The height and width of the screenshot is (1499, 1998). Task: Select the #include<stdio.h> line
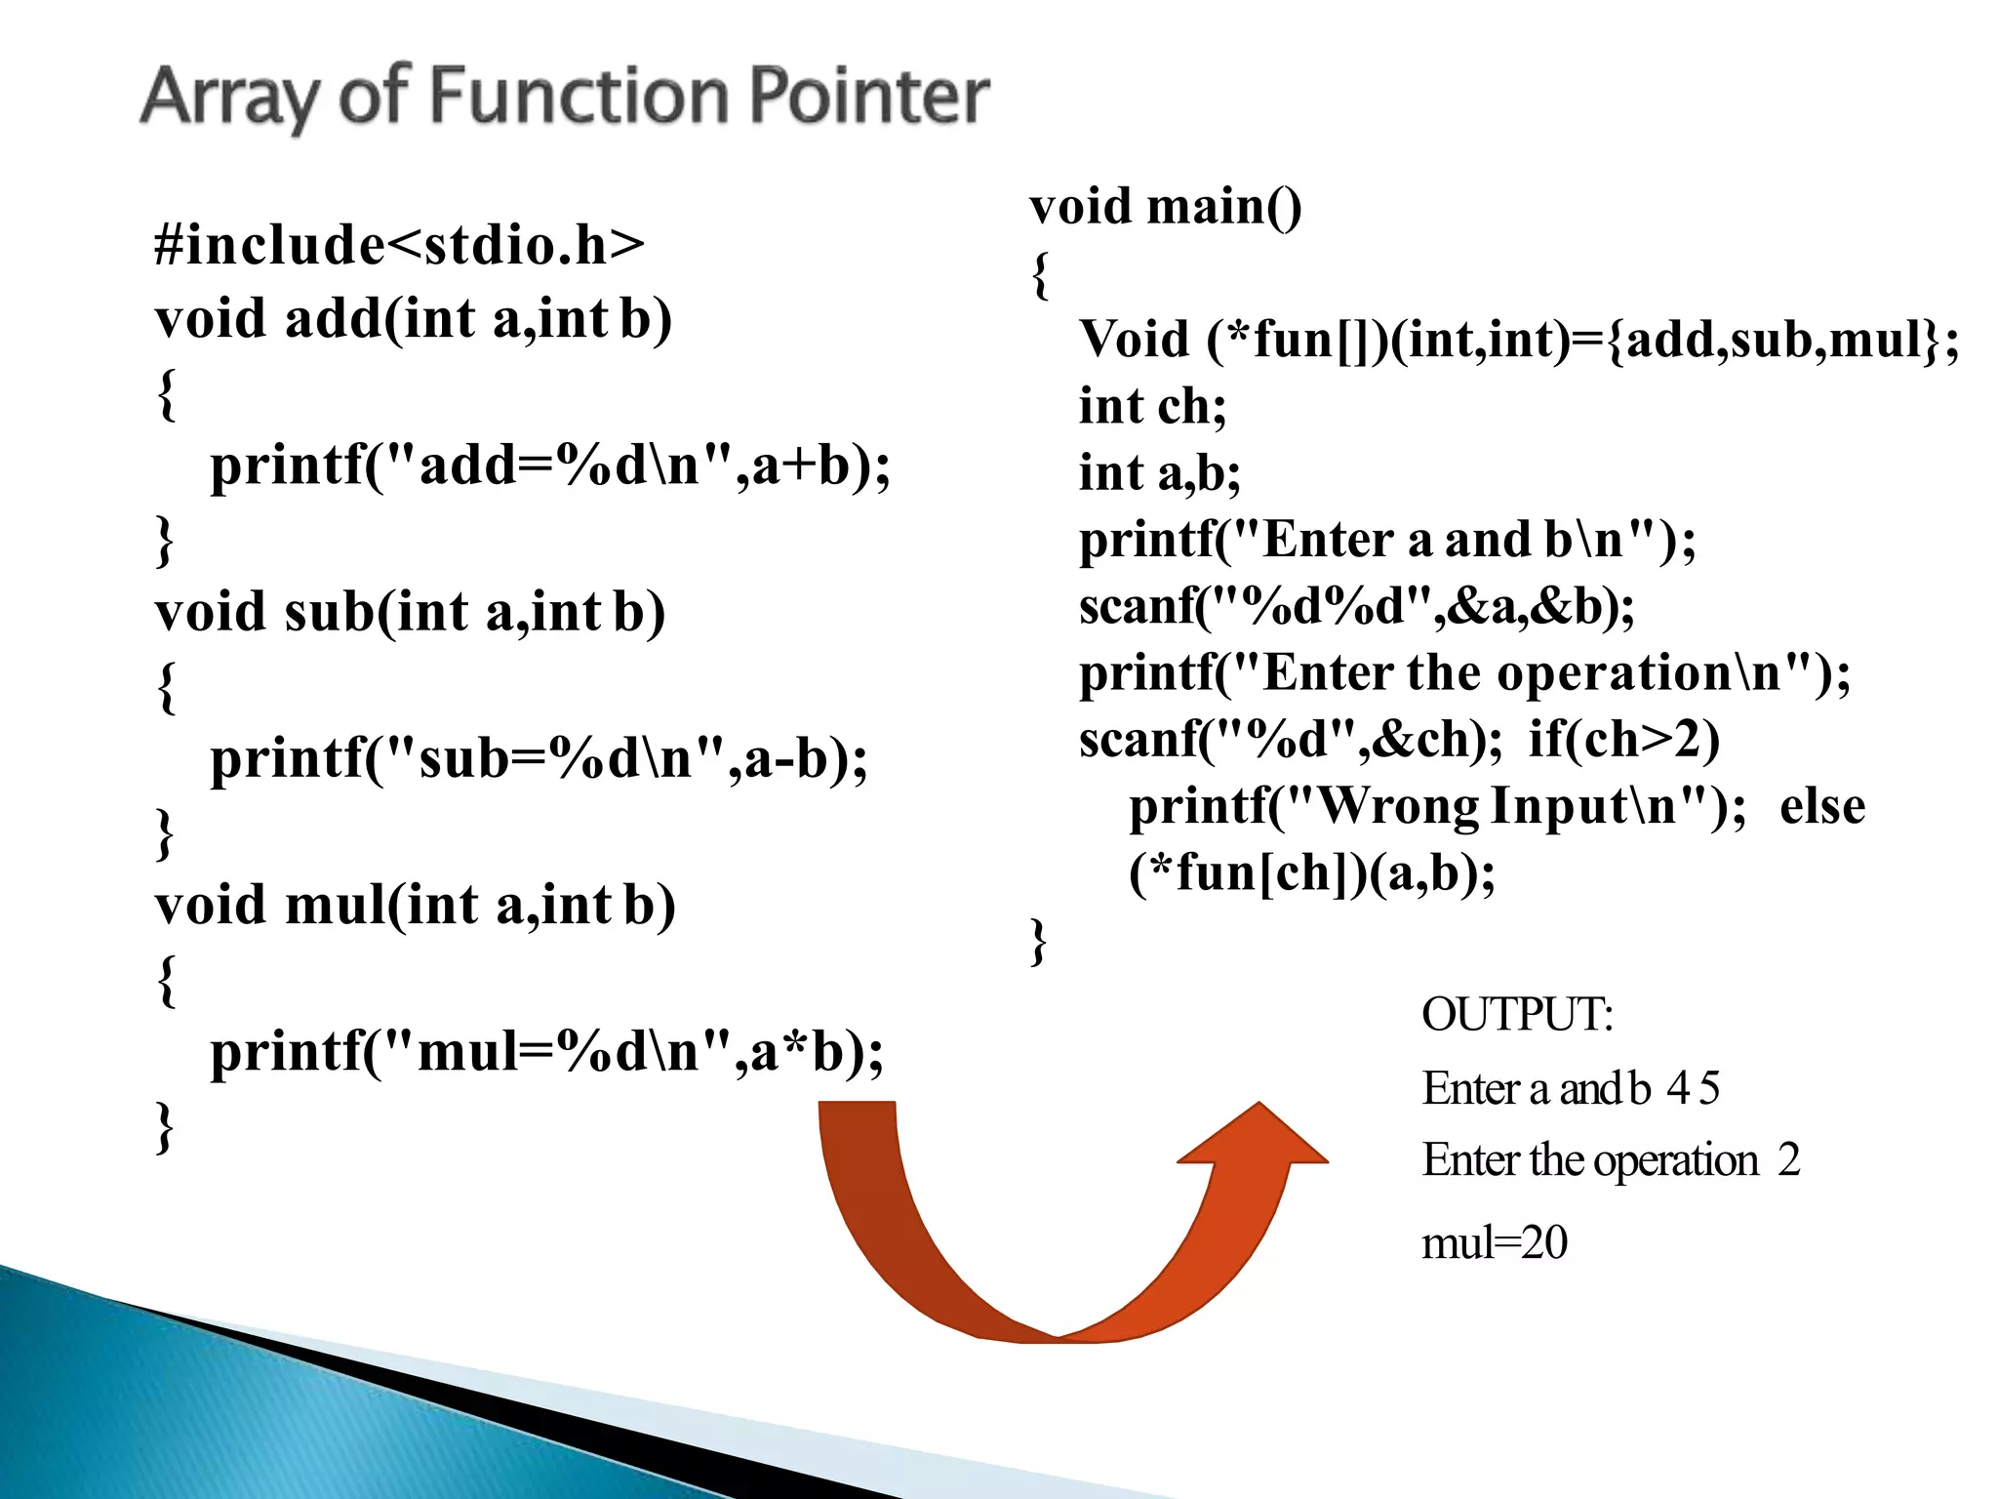(x=399, y=244)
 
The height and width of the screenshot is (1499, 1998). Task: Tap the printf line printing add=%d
(x=550, y=465)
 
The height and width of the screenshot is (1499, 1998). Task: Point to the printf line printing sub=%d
(x=539, y=758)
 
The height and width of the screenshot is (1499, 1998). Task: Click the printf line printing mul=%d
(x=546, y=1052)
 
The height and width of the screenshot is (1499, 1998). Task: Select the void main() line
(x=1165, y=207)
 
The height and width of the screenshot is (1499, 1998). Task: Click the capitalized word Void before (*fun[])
(x=1134, y=340)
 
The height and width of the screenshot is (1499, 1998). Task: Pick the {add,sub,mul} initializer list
(x=1773, y=340)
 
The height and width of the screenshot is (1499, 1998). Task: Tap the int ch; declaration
(x=1152, y=406)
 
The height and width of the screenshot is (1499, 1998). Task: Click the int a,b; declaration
(x=1159, y=473)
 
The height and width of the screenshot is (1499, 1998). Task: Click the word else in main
(x=1821, y=806)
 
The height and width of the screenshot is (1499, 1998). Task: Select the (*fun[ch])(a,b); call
(x=1311, y=872)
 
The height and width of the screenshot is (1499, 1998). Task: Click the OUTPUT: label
(x=1517, y=1015)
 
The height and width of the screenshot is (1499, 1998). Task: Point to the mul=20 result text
(x=1494, y=1243)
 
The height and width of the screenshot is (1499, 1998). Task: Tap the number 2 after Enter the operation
(x=1788, y=1160)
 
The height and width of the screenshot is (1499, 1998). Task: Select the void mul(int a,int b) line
(x=415, y=905)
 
